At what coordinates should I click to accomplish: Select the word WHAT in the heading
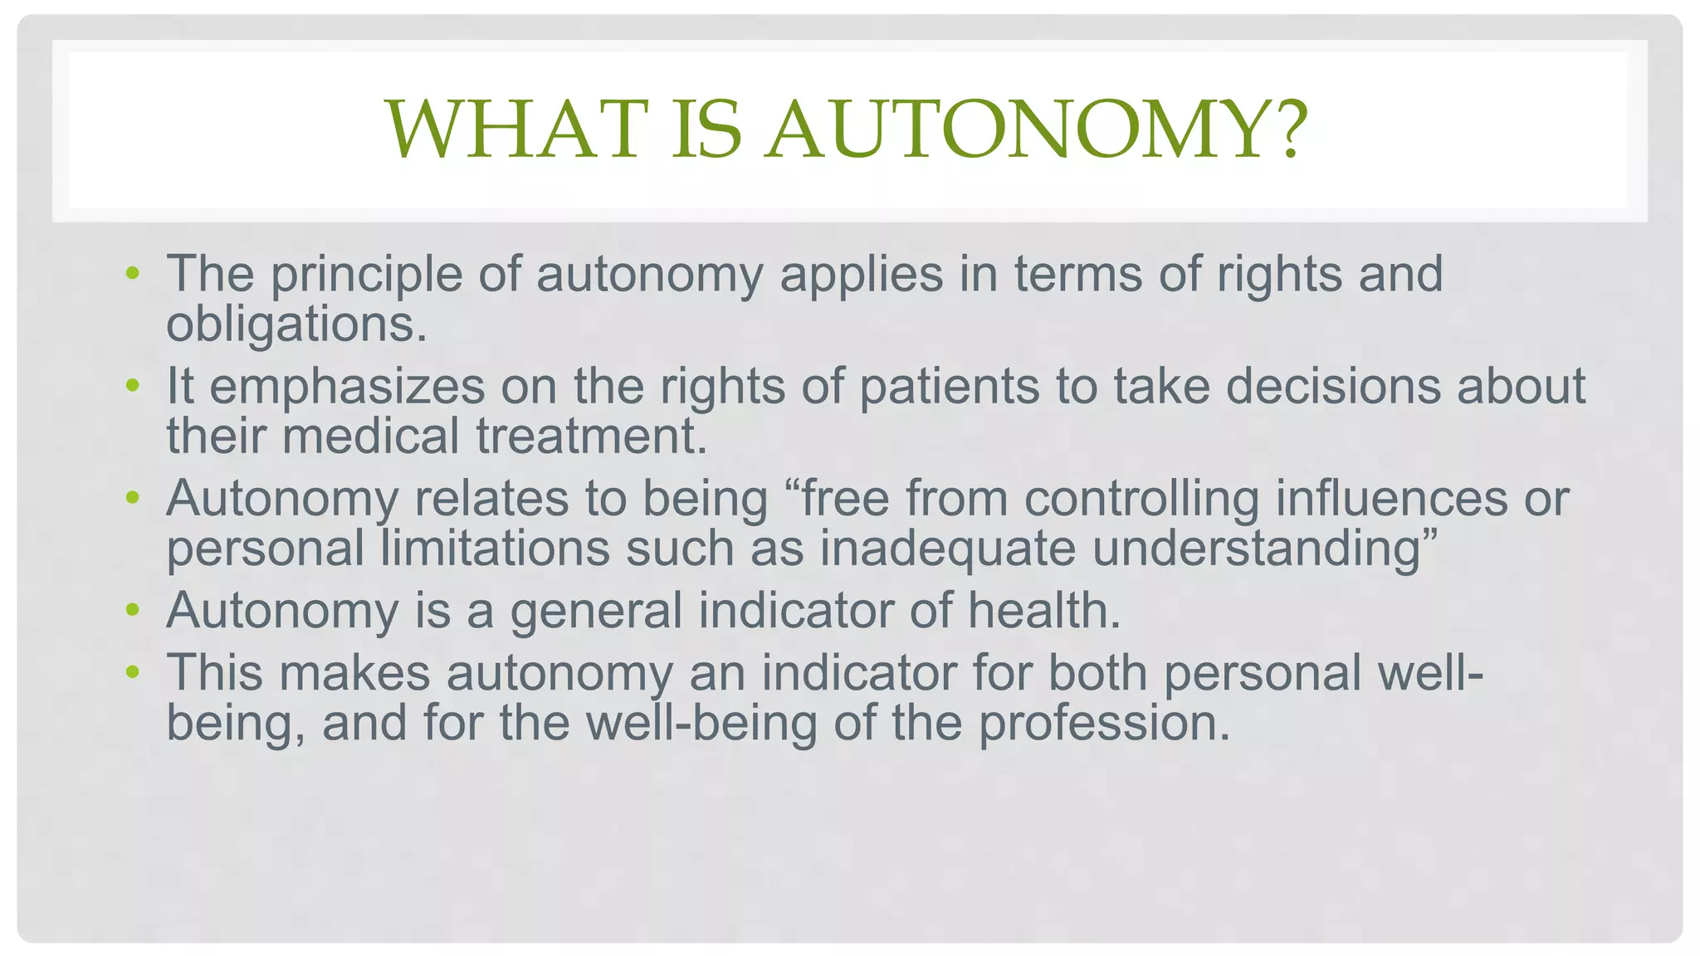click(x=516, y=129)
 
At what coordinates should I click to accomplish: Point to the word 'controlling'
click(x=1141, y=499)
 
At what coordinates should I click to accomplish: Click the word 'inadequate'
click(x=948, y=549)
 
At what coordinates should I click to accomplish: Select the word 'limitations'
click(x=495, y=549)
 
